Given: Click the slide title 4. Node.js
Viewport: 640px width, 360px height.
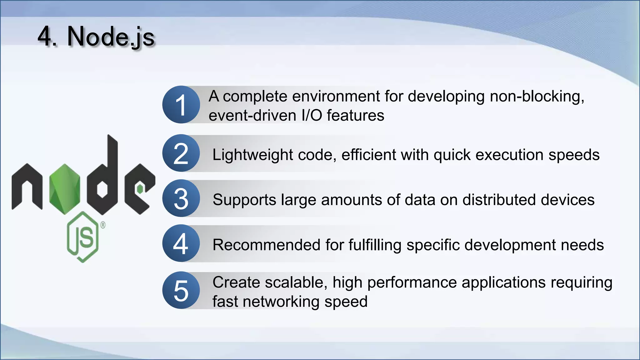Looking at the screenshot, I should (96, 37).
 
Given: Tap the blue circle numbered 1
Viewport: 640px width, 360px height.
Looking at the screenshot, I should (181, 105).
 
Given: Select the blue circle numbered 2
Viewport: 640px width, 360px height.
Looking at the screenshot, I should (181, 153).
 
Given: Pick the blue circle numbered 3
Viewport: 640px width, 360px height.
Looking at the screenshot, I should (181, 198).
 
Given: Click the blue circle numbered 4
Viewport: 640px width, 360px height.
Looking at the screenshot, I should (181, 243).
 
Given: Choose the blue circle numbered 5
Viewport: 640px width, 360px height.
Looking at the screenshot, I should (181, 290).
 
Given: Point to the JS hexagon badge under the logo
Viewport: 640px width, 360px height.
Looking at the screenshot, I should (83, 237).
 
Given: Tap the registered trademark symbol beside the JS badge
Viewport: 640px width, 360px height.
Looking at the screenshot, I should (103, 225).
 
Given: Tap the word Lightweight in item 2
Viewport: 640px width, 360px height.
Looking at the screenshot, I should (252, 155).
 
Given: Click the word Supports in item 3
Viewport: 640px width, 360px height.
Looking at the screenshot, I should (244, 200).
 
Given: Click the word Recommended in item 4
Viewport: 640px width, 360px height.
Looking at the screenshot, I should (266, 245).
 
